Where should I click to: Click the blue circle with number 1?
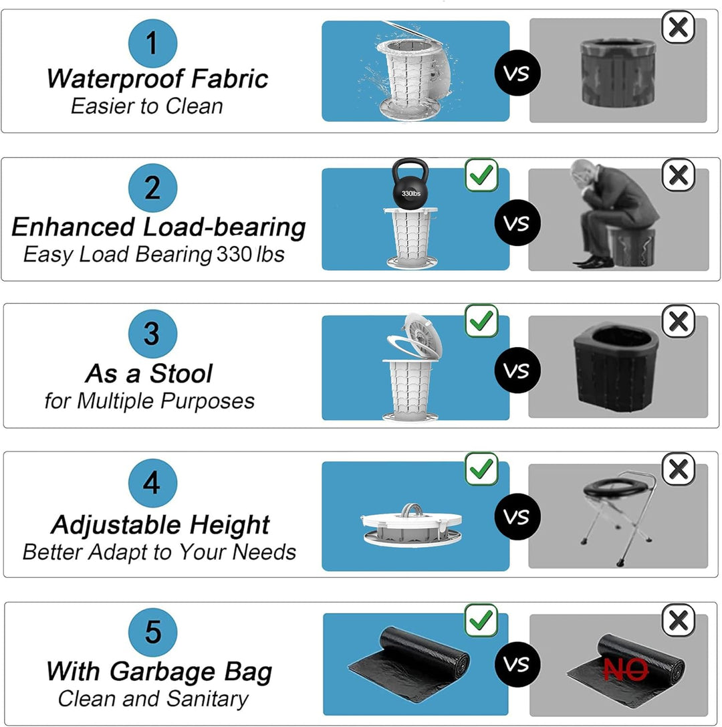coord(152,43)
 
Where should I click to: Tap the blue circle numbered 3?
coord(152,333)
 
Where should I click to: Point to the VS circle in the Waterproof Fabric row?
coord(517,72)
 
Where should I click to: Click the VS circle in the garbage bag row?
coord(517,664)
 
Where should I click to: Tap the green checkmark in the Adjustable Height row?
coord(482,469)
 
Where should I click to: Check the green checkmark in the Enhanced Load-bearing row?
coord(482,175)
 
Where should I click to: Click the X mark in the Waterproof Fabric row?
coord(678,27)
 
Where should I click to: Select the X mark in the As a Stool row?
coord(678,322)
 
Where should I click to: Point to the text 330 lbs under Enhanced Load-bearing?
coord(250,255)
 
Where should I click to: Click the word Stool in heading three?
coord(180,373)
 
